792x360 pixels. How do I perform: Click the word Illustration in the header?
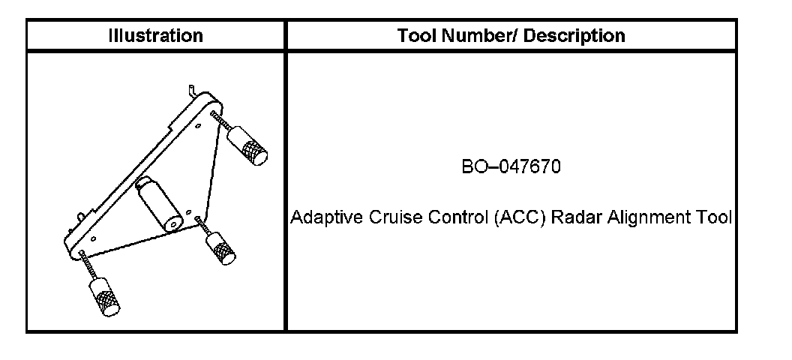coord(155,35)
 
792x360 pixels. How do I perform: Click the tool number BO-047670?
coord(511,166)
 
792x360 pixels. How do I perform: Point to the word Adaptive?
coord(318,218)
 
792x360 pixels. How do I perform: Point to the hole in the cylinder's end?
coord(174,223)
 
